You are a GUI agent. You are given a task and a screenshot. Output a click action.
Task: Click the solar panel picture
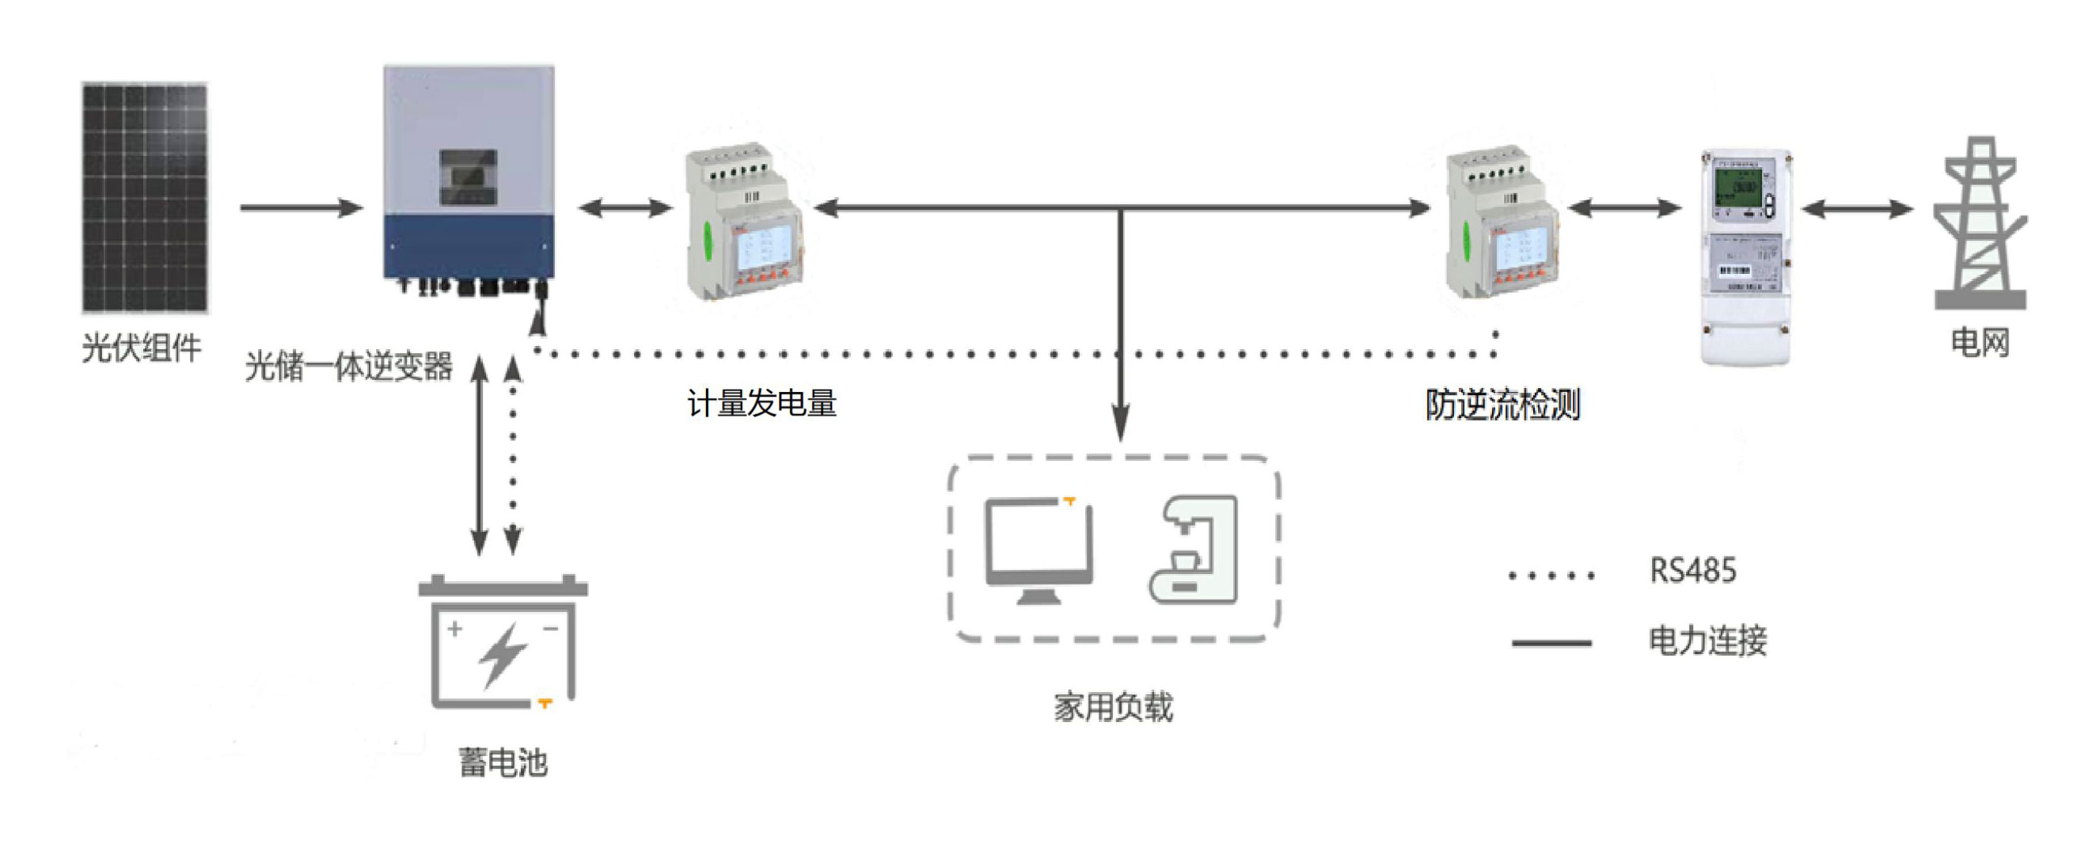coord(144,197)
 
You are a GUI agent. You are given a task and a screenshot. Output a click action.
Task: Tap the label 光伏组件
coord(141,348)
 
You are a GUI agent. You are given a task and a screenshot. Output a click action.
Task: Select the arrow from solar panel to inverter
coord(300,207)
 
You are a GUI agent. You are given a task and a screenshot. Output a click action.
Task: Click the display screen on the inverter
coord(468,177)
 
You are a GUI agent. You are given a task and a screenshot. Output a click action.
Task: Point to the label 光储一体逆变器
coord(348,367)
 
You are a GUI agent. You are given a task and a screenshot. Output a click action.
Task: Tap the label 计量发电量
coord(761,404)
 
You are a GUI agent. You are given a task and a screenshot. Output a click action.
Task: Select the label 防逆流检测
coord(1502,405)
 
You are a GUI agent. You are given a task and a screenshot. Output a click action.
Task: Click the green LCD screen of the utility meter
coord(1739,188)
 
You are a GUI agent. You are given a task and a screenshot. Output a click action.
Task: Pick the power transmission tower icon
coord(1979,223)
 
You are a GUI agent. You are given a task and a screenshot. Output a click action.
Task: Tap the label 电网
coord(1980,343)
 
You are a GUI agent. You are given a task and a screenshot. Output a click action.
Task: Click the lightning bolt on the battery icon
coord(502,654)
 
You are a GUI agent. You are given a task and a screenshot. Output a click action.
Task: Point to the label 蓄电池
coord(503,763)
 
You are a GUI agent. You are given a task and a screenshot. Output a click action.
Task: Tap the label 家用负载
coord(1113,706)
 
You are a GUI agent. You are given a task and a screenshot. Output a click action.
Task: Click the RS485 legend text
coord(1692,571)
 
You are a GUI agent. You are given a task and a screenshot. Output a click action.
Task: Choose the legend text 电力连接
coord(1707,641)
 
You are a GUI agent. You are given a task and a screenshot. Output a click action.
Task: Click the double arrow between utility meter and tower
coord(1857,209)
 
